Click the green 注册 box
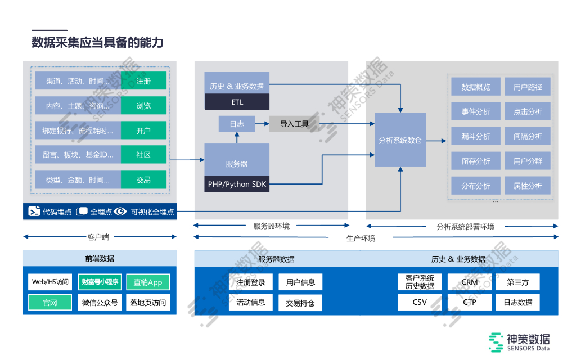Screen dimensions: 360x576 click(x=143, y=81)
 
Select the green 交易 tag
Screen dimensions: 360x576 click(x=143, y=180)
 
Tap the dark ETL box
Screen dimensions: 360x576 click(x=237, y=102)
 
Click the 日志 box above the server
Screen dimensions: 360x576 click(x=237, y=123)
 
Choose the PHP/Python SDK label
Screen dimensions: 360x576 click(x=237, y=184)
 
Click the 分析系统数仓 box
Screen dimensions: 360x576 click(x=400, y=140)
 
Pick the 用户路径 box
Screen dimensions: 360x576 click(x=528, y=87)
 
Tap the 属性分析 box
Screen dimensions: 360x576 click(x=528, y=186)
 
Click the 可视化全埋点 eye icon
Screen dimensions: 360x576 click(x=120, y=212)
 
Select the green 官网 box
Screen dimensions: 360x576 click(x=50, y=303)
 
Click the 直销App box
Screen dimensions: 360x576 click(x=147, y=282)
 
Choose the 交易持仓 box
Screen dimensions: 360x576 click(x=300, y=303)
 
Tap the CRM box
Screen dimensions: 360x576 click(x=469, y=282)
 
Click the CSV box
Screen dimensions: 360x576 click(x=419, y=302)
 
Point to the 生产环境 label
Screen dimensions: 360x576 click(x=361, y=238)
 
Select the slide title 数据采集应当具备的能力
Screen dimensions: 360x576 click(x=97, y=43)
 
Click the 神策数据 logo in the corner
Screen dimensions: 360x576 click(x=519, y=342)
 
